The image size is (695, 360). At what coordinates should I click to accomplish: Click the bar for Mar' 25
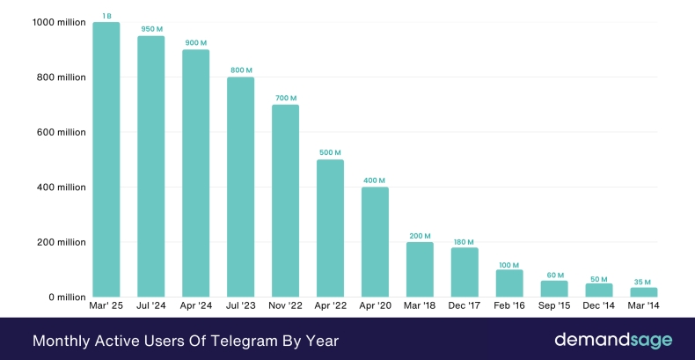pos(106,159)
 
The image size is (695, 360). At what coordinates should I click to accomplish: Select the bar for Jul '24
pos(150,166)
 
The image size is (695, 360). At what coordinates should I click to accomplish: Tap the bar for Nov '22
pos(285,201)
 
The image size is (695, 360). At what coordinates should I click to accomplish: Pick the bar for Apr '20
pos(375,242)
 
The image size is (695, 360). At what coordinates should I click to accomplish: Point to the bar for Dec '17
pos(465,272)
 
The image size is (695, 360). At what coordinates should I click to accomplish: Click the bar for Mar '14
pos(644,292)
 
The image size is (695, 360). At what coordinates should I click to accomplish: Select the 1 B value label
pos(106,16)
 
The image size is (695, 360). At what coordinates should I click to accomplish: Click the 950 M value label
pos(150,29)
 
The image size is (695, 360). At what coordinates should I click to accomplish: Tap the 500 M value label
pos(330,153)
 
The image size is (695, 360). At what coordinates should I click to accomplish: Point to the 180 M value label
pos(465,241)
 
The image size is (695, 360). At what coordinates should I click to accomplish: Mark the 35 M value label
pos(644,282)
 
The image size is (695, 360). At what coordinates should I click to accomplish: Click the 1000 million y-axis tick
pos(60,22)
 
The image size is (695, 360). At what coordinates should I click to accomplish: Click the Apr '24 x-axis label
pos(195,307)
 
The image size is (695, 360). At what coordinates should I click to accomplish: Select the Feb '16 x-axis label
pos(509,307)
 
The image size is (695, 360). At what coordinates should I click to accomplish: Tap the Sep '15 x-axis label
pos(554,307)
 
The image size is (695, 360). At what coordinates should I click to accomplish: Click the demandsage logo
pos(612,339)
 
